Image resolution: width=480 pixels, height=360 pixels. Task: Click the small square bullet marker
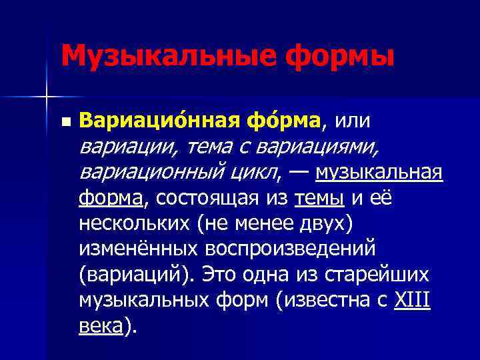coord(64,122)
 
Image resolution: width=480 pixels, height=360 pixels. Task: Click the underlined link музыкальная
coord(379,172)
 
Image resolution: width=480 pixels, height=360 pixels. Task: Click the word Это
coord(220,274)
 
